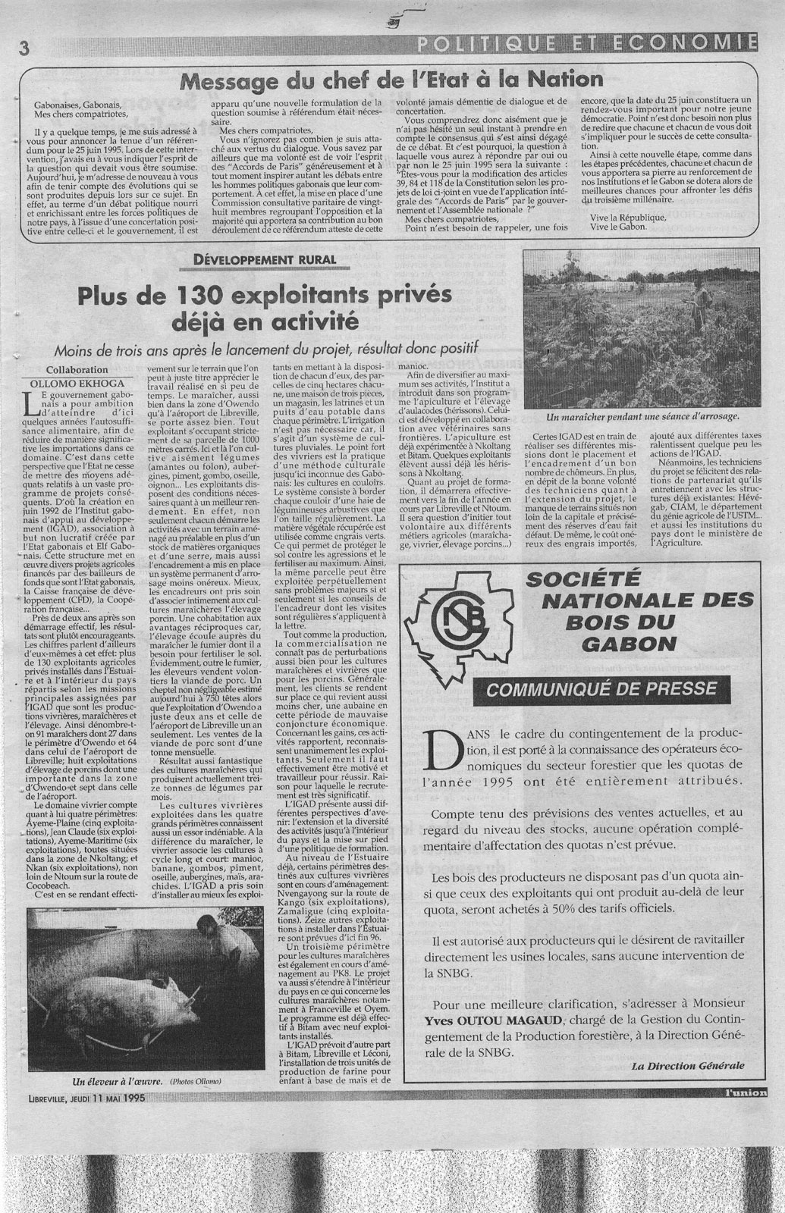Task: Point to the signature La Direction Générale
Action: pyautogui.click(x=687, y=1065)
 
